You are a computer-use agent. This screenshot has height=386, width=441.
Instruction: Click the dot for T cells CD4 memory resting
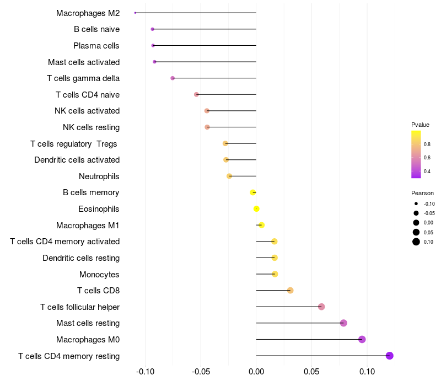390,356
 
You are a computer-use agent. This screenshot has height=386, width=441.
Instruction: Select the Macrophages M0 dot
362,339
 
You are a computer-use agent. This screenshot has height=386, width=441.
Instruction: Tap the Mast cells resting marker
343,323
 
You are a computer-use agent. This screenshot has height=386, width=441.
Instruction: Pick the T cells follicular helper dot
321,307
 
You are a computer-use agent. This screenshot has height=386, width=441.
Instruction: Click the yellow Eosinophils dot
256,208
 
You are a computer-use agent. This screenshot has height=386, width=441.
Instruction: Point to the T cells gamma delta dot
173,78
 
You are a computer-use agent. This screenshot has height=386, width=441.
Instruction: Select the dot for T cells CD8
291,290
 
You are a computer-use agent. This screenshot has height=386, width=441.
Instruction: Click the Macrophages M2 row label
88,13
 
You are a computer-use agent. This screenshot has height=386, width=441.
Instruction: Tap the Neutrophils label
99,176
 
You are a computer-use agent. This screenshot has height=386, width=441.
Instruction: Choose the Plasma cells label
96,46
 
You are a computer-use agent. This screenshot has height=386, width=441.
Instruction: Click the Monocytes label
99,274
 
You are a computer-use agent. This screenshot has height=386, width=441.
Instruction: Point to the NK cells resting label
92,127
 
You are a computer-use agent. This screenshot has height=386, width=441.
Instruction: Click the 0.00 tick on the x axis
256,371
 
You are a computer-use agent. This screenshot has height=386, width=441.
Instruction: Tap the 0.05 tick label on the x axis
312,371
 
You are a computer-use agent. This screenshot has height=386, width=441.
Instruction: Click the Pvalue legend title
420,125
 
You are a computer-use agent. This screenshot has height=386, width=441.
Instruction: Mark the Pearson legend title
422,193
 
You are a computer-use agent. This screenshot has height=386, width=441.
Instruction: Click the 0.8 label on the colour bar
427,144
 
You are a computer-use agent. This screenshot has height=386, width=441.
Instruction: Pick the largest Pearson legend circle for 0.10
416,242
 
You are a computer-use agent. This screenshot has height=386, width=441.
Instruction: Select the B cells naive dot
152,29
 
